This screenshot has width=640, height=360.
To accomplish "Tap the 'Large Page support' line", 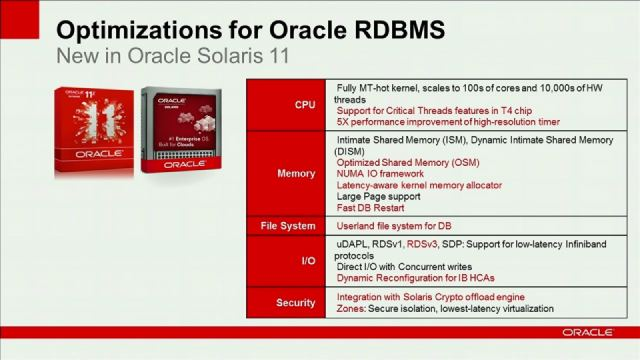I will (x=379, y=196).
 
